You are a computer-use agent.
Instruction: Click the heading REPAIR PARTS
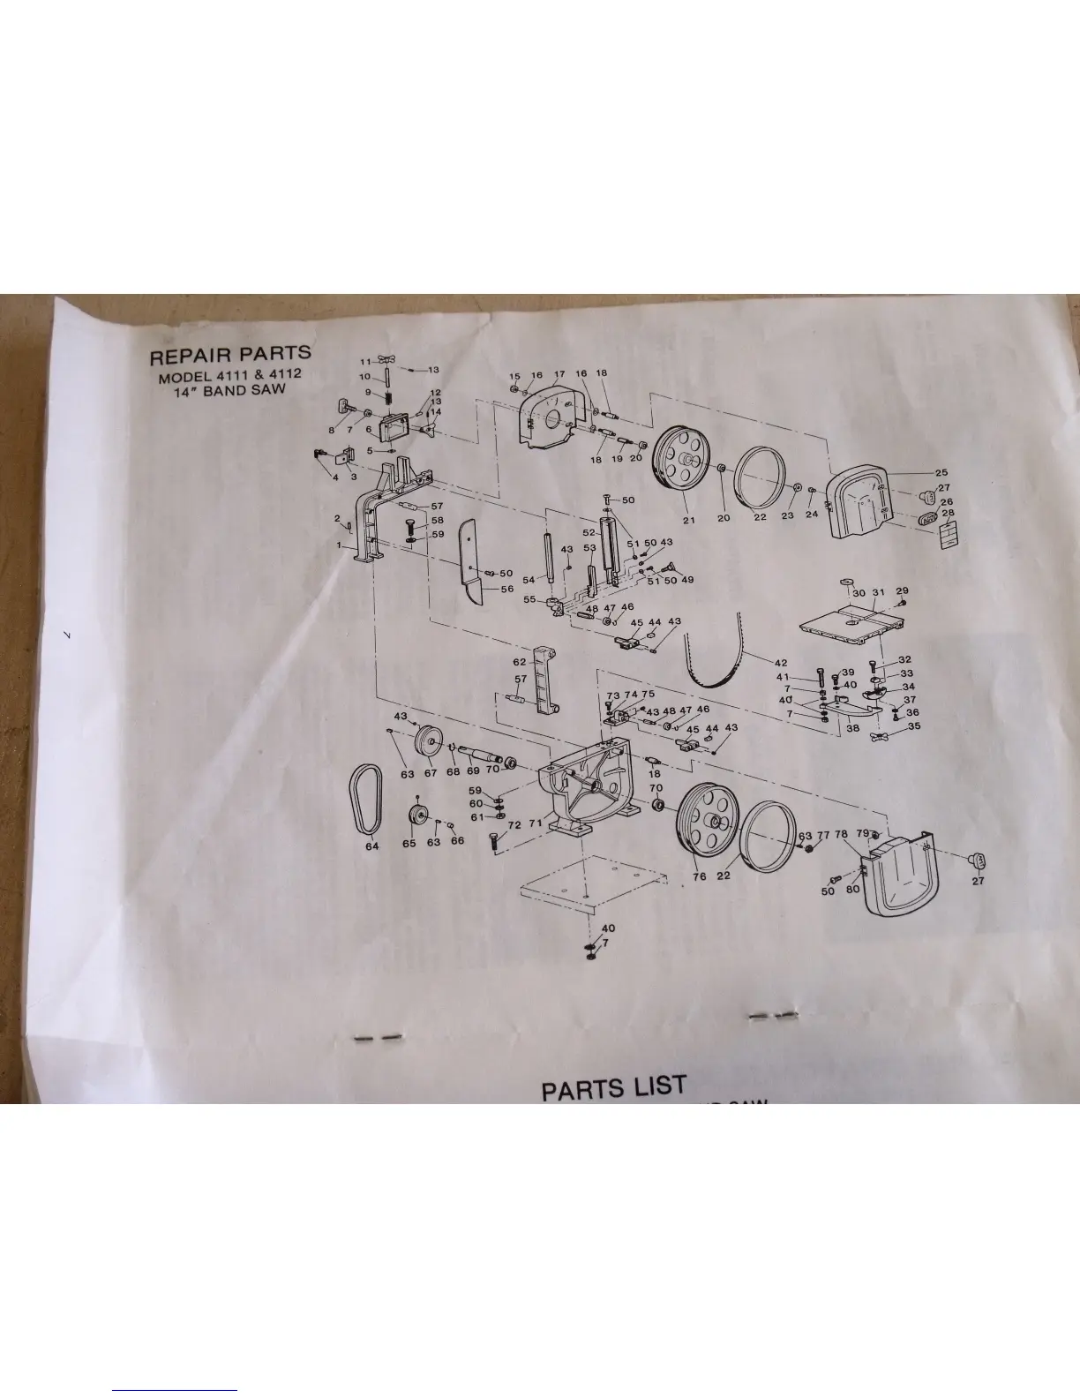(229, 357)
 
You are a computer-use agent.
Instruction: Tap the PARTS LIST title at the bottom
(613, 1088)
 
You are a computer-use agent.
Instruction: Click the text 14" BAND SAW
(231, 390)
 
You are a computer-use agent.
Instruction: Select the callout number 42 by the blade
(780, 663)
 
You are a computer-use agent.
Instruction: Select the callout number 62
(520, 660)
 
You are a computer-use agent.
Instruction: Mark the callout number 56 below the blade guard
(507, 590)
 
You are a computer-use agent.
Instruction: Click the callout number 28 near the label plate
(948, 514)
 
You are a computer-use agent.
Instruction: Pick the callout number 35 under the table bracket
(914, 726)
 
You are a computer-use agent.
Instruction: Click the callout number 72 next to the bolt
(514, 824)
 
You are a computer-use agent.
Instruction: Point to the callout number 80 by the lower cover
(852, 889)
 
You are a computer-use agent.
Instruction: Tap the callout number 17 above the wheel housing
(559, 375)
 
